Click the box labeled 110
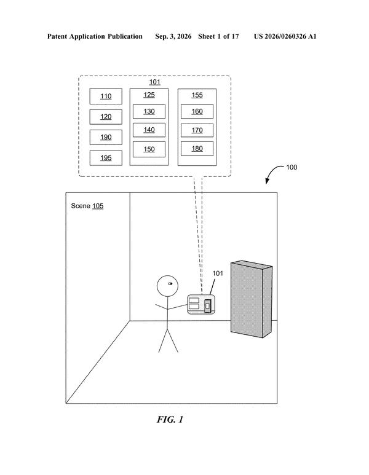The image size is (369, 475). pyautogui.click(x=106, y=96)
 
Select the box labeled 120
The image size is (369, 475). pyautogui.click(x=106, y=117)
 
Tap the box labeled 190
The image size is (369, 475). pyautogui.click(x=106, y=137)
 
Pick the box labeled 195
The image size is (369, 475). pyautogui.click(x=106, y=158)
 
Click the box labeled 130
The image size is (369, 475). pyautogui.click(x=149, y=111)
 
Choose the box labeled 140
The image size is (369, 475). pyautogui.click(x=149, y=130)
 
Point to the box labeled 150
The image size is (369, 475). pyautogui.click(x=149, y=149)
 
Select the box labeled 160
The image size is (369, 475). pyautogui.click(x=197, y=111)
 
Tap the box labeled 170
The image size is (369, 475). pyautogui.click(x=197, y=130)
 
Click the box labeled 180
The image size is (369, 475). pyautogui.click(x=197, y=149)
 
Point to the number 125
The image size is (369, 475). pyautogui.click(x=149, y=95)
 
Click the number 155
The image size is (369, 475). pyautogui.click(x=197, y=95)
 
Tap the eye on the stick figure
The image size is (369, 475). pyautogui.click(x=170, y=284)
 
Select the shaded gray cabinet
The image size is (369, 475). pyautogui.click(x=252, y=299)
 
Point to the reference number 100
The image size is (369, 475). pyautogui.click(x=292, y=167)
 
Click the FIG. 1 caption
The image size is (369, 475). pyautogui.click(x=170, y=420)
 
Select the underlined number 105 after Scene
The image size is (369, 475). pyautogui.click(x=98, y=206)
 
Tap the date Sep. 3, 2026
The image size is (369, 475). pyautogui.click(x=173, y=37)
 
